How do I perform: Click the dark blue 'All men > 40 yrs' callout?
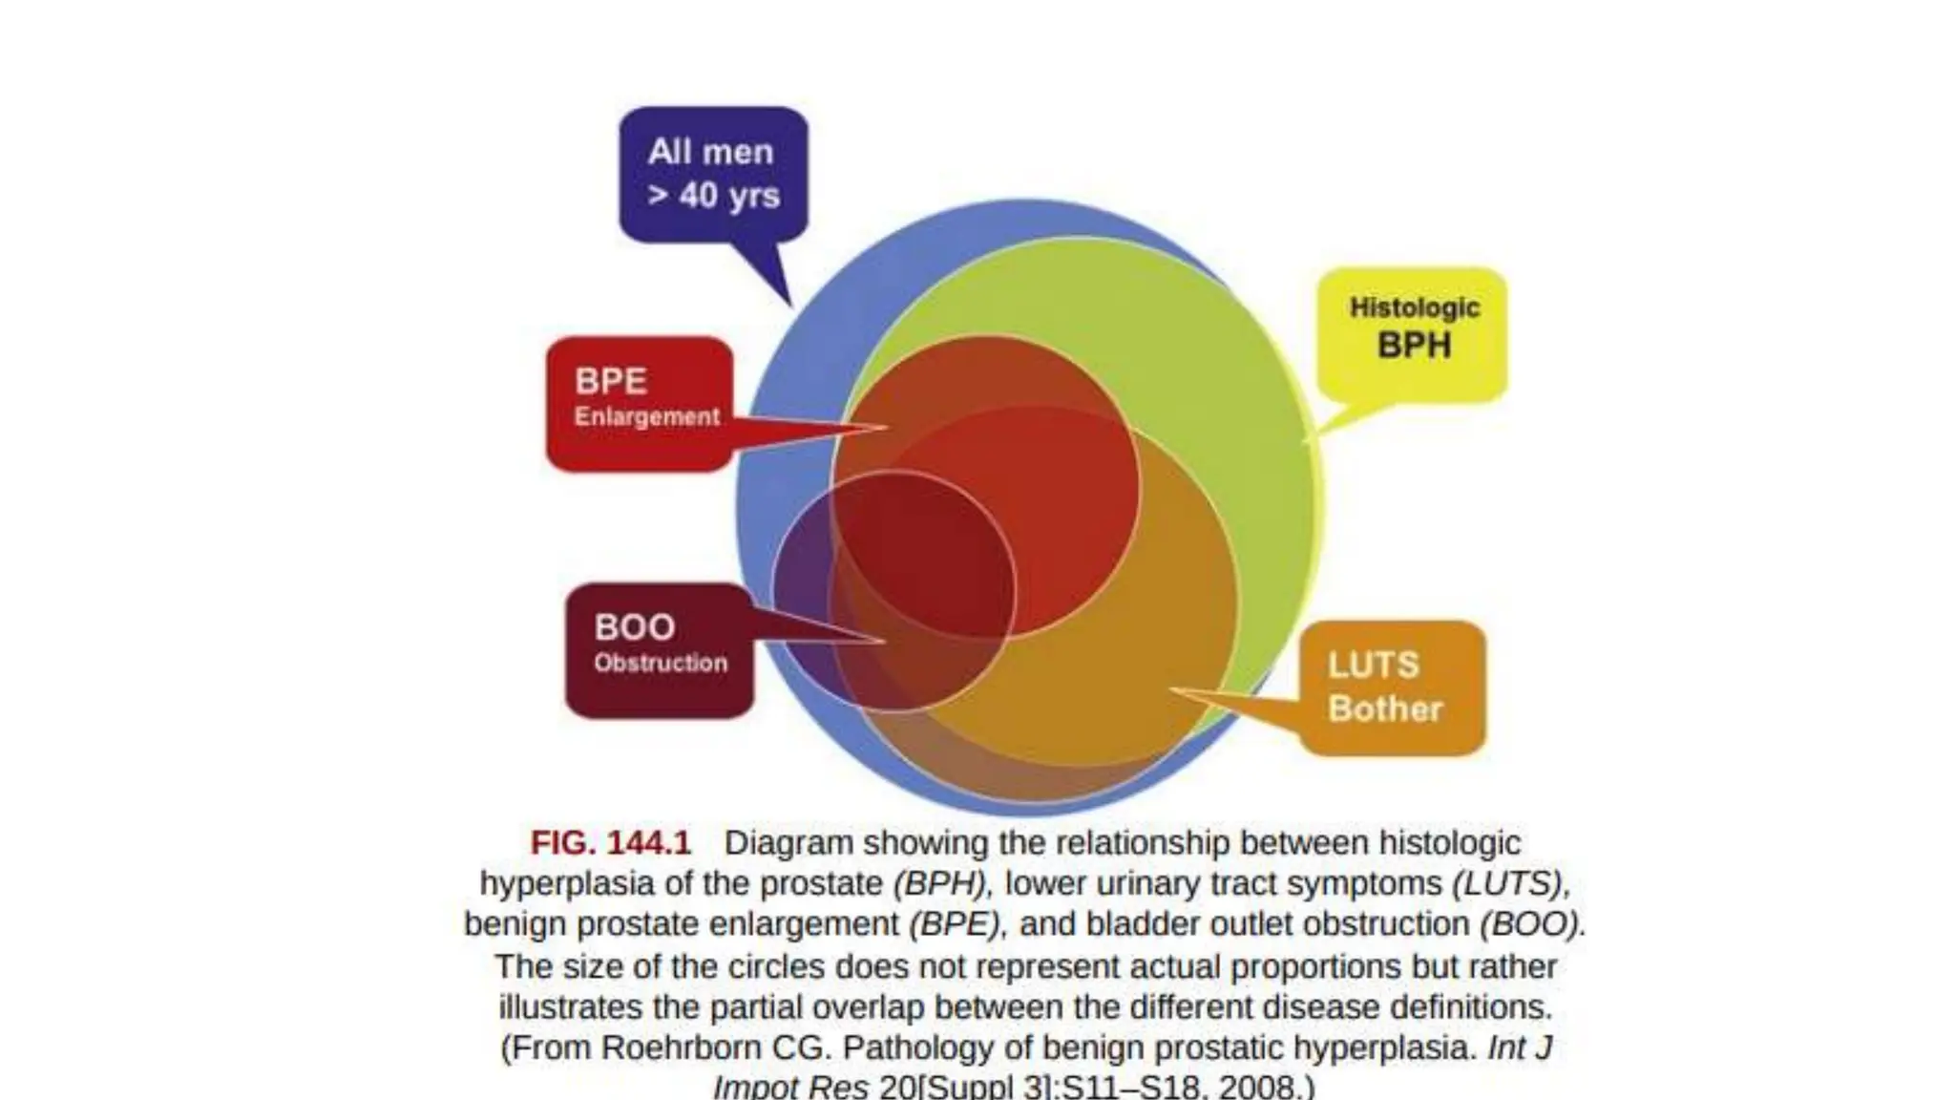click(x=713, y=174)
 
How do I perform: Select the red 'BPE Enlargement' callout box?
click(x=640, y=403)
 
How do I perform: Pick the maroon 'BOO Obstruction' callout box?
click(x=660, y=649)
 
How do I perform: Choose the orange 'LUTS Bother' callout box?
click(x=1392, y=687)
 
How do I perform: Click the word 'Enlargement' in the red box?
click(x=646, y=417)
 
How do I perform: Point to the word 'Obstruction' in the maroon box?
click(x=661, y=663)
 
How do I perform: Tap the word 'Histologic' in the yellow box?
click(x=1414, y=307)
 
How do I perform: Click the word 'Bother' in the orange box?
click(x=1385, y=709)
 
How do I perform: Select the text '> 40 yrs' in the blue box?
click(x=713, y=196)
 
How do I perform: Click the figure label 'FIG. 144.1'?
click(x=610, y=843)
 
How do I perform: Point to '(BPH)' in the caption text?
click(x=938, y=884)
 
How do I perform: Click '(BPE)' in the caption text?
click(x=955, y=924)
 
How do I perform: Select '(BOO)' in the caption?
click(x=1529, y=924)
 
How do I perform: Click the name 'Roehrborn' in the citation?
click(x=682, y=1047)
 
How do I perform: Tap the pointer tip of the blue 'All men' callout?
click(x=790, y=306)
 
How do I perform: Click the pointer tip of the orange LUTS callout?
click(x=1172, y=688)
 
